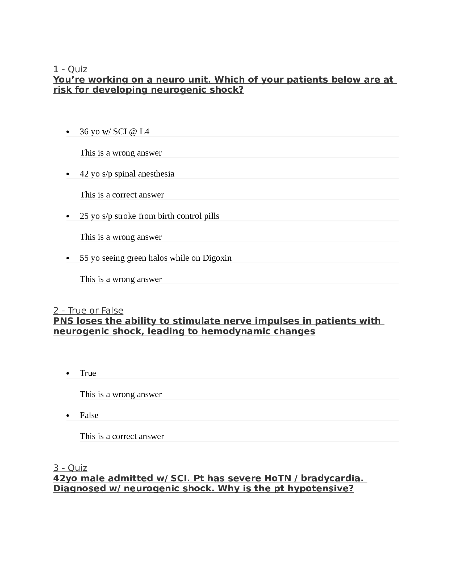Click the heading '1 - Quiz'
point(70,69)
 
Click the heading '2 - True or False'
point(88,311)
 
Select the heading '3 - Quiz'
point(70,468)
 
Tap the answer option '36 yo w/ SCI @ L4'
point(114,132)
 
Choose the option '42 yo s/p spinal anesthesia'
point(127,174)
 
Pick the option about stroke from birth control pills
point(149,216)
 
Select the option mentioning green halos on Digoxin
point(156,258)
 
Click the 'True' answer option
point(88,373)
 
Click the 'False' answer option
point(89,415)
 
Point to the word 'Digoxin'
point(217,258)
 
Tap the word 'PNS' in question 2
point(63,321)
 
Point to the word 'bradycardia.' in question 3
point(332,478)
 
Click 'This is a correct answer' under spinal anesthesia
point(122,195)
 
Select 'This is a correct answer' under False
point(122,436)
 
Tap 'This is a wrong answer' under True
point(121,394)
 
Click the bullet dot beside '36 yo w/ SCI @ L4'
point(68,132)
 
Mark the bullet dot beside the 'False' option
point(68,416)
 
